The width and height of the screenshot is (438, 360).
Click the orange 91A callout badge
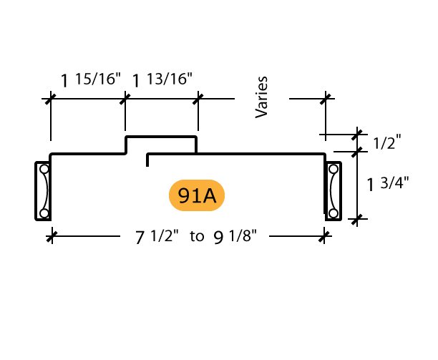coord(197,195)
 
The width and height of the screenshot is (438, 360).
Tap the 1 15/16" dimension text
coord(91,79)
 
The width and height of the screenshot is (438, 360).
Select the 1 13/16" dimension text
coord(162,79)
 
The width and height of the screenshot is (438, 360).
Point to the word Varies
coord(261,97)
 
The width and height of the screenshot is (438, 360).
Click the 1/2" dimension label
coord(387,142)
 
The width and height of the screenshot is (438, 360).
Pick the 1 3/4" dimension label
coord(388,183)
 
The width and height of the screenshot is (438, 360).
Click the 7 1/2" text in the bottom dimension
coord(157,237)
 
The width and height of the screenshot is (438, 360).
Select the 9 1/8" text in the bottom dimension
coord(235,237)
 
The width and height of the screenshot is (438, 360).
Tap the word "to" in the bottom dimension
coord(197,237)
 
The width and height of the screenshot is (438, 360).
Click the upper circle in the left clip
coord(44,169)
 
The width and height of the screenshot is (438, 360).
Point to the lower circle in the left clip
coord(44,213)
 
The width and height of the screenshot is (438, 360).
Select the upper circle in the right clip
coord(334,169)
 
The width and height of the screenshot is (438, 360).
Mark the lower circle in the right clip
coord(334,213)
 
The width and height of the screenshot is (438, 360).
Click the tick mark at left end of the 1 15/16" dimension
coord(51,99)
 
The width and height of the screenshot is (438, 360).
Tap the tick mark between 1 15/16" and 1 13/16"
coord(125,99)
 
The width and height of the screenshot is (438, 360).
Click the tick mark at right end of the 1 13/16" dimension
coord(198,99)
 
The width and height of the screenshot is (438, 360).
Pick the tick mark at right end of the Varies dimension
coord(326,99)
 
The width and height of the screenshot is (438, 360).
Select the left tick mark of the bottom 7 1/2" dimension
coord(52,237)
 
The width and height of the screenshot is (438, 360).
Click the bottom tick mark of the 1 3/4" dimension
coord(356,219)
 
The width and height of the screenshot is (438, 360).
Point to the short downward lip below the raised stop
coord(147,160)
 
